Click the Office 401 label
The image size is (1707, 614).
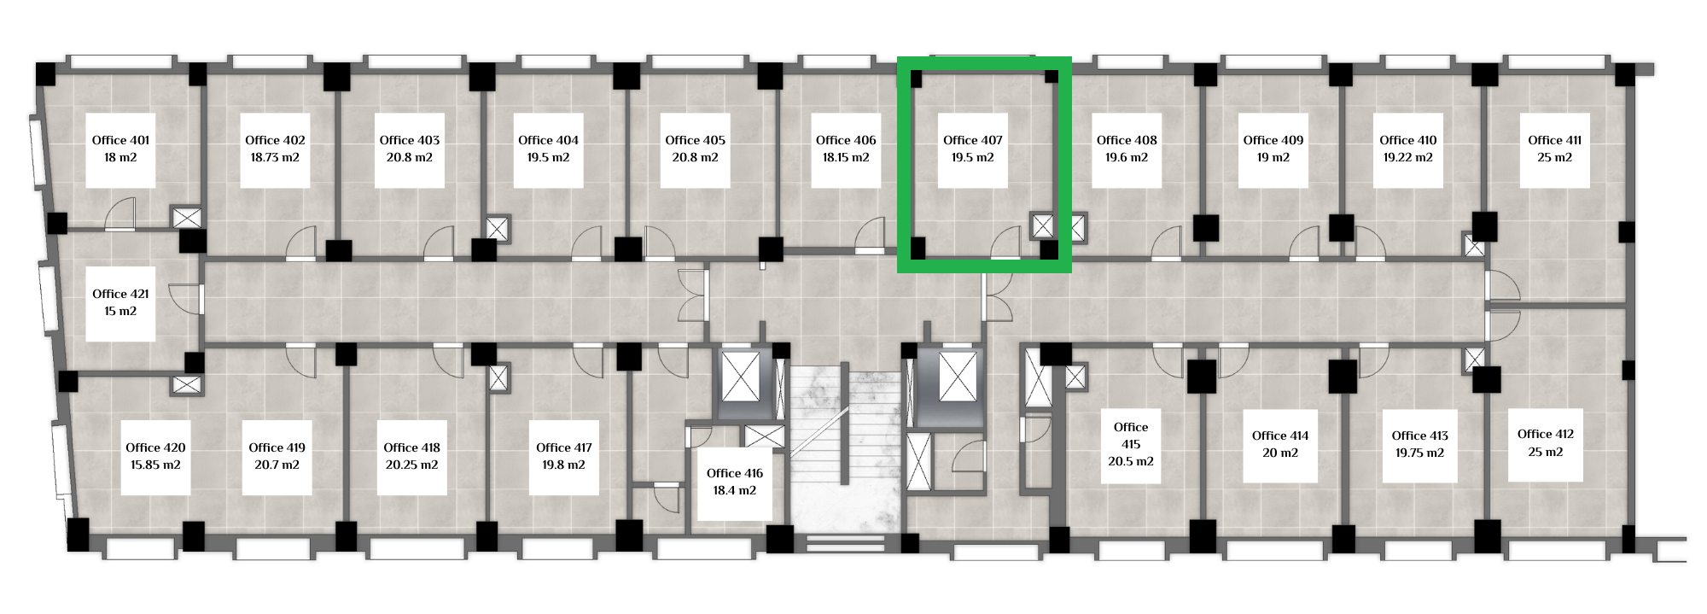tap(120, 140)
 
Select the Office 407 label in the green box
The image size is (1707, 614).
tap(972, 140)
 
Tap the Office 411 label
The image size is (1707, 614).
tap(1554, 140)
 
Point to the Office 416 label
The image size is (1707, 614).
tap(735, 473)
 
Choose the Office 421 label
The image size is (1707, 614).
tap(120, 294)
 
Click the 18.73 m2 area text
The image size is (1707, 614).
tap(275, 157)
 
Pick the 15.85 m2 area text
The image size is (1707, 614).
tap(155, 465)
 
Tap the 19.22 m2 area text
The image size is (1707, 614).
tap(1408, 157)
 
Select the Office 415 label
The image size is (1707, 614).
tap(1131, 436)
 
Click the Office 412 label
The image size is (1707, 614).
tap(1546, 434)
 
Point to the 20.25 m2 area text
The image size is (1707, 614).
tap(411, 465)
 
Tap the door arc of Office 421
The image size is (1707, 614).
tap(185, 297)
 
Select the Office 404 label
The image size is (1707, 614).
tap(548, 140)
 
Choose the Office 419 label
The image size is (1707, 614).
tap(277, 447)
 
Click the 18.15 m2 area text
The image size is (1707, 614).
tap(846, 157)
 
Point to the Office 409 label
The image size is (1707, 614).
tap(1273, 140)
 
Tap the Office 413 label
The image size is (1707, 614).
tap(1420, 436)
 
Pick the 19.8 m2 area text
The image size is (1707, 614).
tap(563, 465)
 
